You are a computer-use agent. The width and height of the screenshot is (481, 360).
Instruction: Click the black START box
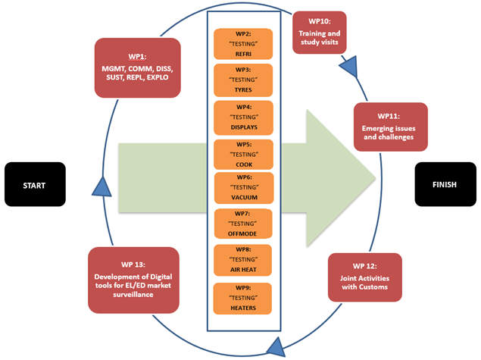click(x=34, y=184)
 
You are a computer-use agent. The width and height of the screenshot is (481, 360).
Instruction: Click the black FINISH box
click(x=445, y=184)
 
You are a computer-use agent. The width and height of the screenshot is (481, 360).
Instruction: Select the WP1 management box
click(x=137, y=67)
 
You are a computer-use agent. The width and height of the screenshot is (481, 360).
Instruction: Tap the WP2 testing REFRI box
click(x=243, y=44)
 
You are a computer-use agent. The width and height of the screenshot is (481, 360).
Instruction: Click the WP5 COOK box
click(x=243, y=153)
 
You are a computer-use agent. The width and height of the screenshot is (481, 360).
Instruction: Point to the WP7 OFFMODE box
click(x=243, y=225)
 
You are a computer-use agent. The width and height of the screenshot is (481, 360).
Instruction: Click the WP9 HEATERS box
click(x=243, y=298)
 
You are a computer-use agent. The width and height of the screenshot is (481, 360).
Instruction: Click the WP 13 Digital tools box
click(x=133, y=278)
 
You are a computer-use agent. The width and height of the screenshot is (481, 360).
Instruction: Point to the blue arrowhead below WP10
click(x=348, y=67)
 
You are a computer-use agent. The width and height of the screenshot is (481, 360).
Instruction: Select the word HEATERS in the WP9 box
click(x=243, y=308)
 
